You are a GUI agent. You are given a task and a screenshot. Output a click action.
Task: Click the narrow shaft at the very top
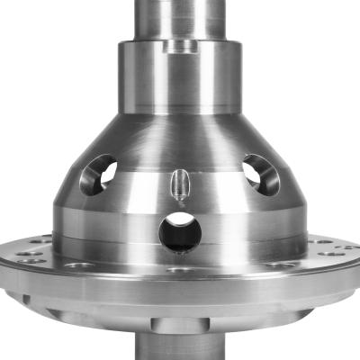point(180,16)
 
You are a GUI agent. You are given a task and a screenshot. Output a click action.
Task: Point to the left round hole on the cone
point(97,175)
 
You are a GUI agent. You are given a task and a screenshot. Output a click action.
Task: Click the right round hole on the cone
point(261,174)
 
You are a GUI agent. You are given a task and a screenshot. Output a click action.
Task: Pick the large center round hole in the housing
point(180,231)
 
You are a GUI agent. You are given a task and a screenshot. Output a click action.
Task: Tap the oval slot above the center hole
point(179,185)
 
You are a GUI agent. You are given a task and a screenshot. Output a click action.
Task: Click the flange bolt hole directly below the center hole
point(181,269)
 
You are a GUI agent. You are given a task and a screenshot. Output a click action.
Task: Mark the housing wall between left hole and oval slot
point(139,184)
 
